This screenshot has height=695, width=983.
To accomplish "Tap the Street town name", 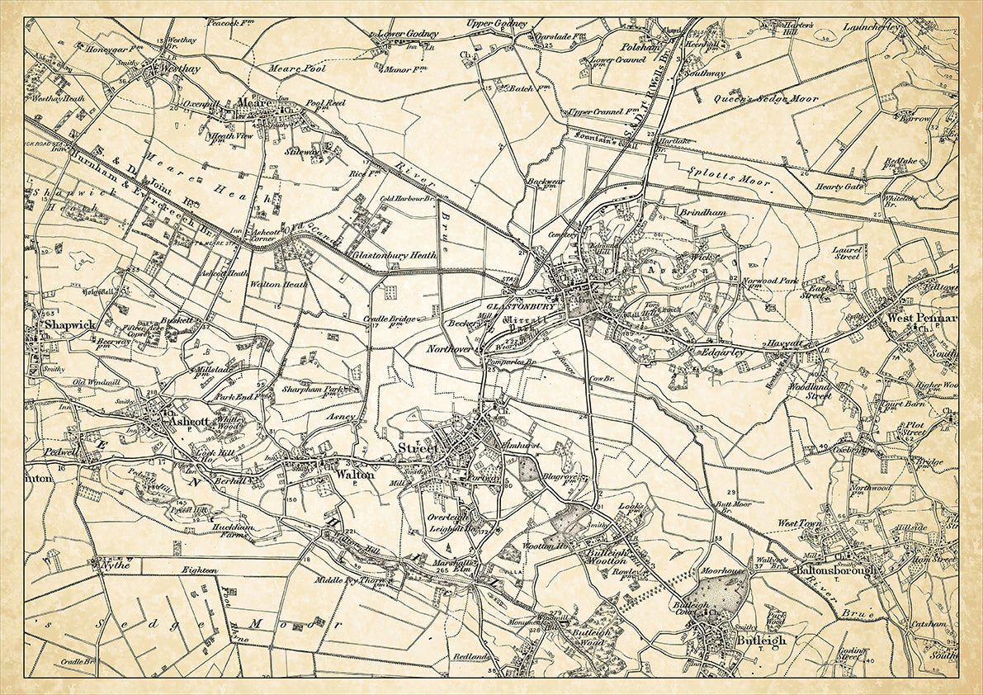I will [416, 447].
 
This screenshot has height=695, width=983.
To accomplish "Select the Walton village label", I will [355, 475].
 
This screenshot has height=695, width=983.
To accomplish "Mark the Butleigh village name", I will [760, 640].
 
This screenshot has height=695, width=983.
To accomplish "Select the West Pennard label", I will [922, 317].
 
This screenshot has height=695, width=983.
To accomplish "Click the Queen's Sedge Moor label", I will [768, 98].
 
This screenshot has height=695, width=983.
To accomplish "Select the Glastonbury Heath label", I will [395, 256].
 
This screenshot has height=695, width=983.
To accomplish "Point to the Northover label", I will [448, 350].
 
